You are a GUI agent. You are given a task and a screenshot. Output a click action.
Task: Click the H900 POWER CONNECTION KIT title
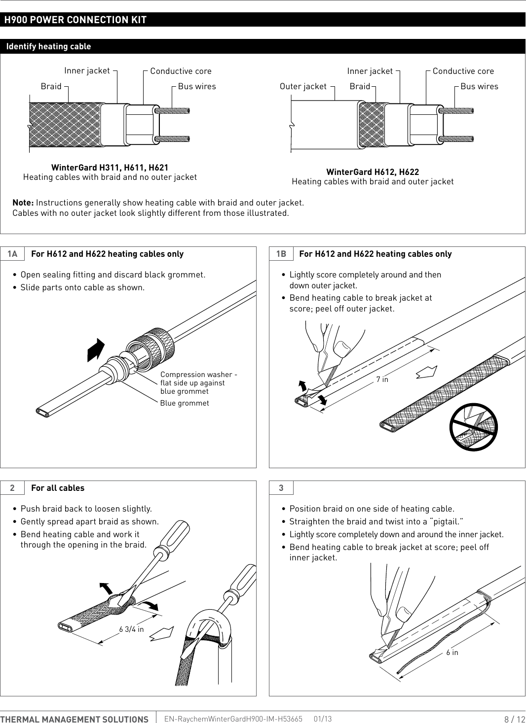tap(75, 20)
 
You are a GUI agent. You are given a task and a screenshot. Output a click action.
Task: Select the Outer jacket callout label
tap(302, 86)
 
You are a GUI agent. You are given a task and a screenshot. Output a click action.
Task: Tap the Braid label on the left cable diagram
tap(51, 86)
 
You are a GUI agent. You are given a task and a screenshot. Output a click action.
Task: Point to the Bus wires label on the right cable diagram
tap(479, 86)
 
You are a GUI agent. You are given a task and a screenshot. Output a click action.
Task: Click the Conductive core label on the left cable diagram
tap(181, 71)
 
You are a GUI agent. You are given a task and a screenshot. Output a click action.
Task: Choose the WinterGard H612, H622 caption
tap(373, 172)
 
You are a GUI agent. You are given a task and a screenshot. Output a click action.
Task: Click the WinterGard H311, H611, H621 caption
tap(110, 168)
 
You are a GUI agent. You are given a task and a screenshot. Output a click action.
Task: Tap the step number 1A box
tap(12, 254)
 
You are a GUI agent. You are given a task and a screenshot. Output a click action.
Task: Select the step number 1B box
tap(281, 254)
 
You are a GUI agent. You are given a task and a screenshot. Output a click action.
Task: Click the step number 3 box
tap(281, 488)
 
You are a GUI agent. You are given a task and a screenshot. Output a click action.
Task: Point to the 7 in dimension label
tap(382, 379)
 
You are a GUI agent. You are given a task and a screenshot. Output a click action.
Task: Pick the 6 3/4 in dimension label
tap(131, 629)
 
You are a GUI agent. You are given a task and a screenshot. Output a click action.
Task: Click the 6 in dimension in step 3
tap(452, 653)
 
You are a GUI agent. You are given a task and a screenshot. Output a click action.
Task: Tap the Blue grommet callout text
tap(185, 403)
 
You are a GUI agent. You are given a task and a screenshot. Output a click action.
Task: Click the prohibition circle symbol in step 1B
tap(473, 427)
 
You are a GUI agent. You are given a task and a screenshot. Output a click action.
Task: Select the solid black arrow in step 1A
tap(96, 350)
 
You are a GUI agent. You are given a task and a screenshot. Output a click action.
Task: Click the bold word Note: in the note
tap(23, 203)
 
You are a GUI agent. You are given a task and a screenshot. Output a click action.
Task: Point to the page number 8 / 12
tap(514, 719)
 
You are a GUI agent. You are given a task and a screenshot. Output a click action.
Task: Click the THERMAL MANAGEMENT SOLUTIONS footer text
tap(75, 719)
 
